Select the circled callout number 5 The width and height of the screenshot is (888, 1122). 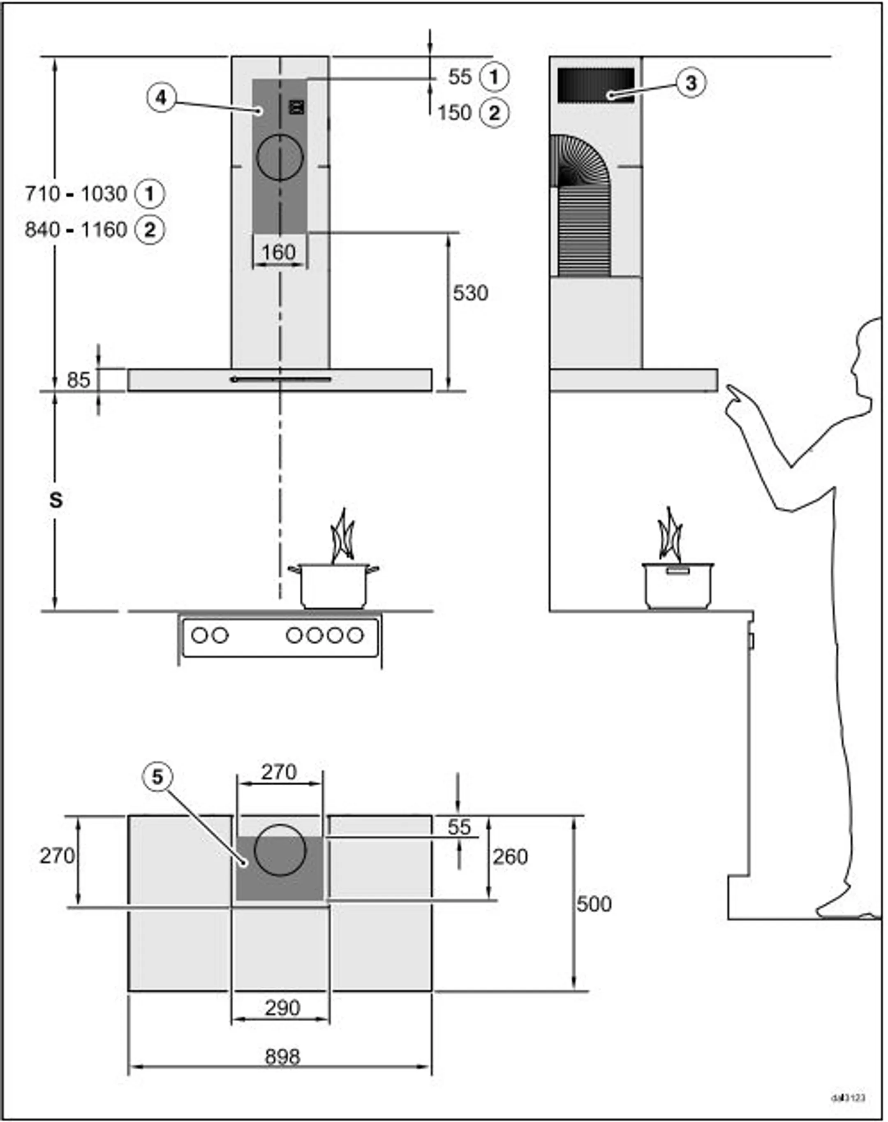(157, 777)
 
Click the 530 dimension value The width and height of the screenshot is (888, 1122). (470, 293)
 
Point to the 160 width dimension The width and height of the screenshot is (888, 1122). (279, 253)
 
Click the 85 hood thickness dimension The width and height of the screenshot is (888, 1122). (79, 380)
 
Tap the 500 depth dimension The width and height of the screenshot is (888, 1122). (594, 905)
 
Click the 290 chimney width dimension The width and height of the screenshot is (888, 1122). (282, 1008)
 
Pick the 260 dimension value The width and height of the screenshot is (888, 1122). (510, 857)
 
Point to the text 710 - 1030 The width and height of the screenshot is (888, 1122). (76, 194)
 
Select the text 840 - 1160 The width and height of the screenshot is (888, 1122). (76, 229)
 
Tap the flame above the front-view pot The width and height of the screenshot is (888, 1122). (342, 538)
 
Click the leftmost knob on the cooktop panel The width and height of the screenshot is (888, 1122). (200, 635)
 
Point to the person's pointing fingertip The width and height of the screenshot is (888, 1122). (729, 387)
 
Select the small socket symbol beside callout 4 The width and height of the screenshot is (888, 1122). (296, 107)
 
